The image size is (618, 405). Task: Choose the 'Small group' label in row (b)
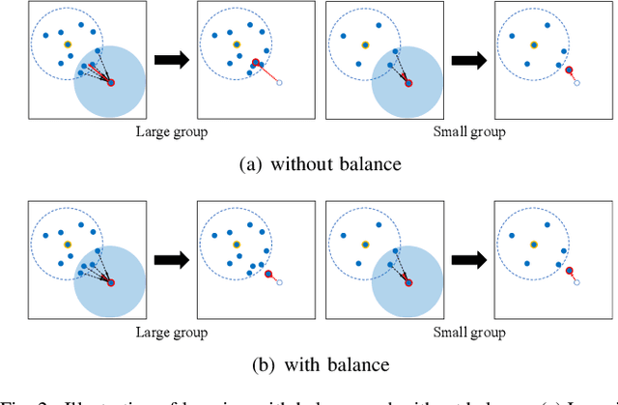pyautogui.click(x=470, y=333)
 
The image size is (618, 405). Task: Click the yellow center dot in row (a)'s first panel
pyautogui.click(x=68, y=44)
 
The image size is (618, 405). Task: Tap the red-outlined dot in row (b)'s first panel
pyautogui.click(x=111, y=282)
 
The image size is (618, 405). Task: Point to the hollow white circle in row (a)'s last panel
pyautogui.click(x=576, y=84)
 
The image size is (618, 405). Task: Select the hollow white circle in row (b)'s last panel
pyautogui.click(x=576, y=283)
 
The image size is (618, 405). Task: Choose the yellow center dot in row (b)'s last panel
pyautogui.click(x=532, y=244)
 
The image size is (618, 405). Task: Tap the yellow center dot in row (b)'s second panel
pyautogui.click(x=235, y=244)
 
